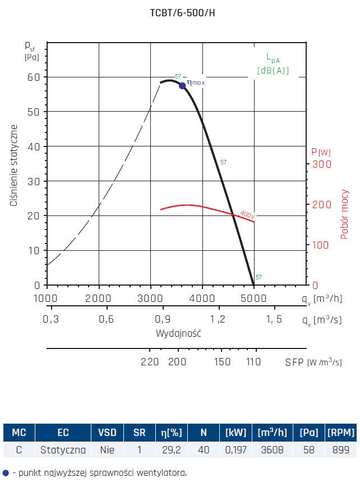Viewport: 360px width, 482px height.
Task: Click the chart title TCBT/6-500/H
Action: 182,13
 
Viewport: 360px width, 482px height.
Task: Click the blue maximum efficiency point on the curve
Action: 182,85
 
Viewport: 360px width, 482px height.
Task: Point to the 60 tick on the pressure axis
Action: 34,77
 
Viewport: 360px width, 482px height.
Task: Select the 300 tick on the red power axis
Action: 321,164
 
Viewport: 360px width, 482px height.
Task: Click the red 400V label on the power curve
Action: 247,214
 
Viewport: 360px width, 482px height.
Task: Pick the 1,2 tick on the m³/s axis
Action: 218,319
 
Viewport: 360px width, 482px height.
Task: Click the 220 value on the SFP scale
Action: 150,362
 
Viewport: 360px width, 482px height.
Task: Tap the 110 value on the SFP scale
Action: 253,362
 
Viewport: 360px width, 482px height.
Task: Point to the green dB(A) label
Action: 273,71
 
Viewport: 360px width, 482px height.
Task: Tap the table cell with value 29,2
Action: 175,449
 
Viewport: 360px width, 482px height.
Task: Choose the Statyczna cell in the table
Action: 63,449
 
